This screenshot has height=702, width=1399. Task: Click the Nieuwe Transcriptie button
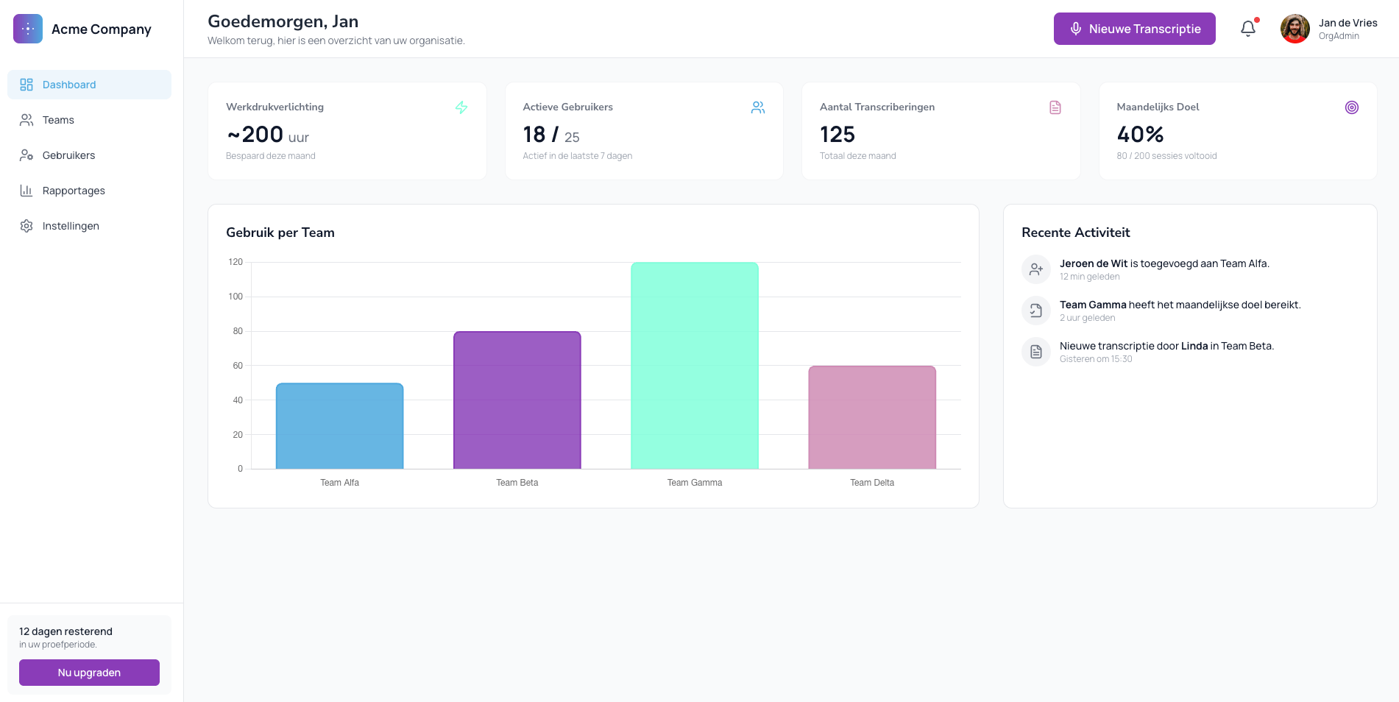coord(1134,29)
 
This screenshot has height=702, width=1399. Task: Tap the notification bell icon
coord(1247,29)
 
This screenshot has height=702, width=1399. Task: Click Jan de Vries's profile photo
coord(1294,29)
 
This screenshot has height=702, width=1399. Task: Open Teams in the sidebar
coord(58,120)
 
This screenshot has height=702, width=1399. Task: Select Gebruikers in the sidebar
coord(68,155)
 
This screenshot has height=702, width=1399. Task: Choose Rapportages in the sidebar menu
coord(74,191)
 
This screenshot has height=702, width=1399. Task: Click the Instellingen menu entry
coord(71,226)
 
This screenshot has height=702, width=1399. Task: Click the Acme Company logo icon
coord(28,29)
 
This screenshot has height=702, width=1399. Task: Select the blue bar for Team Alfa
coord(339,426)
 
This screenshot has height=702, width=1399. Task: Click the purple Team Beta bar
coord(517,400)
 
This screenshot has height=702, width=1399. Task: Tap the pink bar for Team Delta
coord(872,417)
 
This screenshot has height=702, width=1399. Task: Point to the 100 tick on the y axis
coord(235,297)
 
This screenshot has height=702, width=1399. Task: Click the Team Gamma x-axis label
coord(694,483)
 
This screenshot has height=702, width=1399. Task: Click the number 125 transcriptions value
coord(837,135)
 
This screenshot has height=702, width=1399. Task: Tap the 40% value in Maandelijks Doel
coord(1140,135)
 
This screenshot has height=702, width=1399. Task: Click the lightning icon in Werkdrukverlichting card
coord(461,107)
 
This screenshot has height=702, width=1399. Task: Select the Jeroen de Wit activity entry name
coord(1094,263)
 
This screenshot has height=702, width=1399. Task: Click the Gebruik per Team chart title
coord(280,233)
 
